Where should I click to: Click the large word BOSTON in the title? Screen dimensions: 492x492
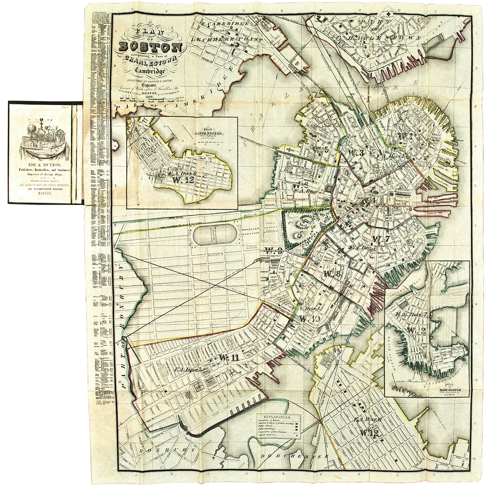[151, 47]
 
